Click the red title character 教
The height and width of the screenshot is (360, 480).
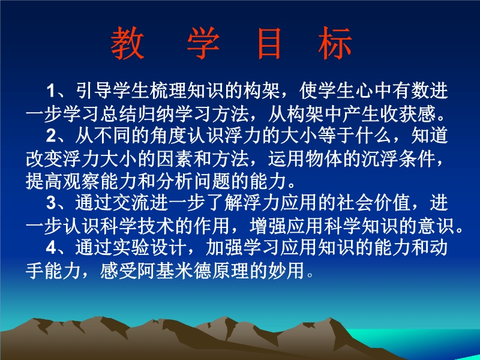tap(127, 43)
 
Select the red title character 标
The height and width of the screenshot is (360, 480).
tap(335, 43)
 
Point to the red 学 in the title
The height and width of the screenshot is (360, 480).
tap(203, 43)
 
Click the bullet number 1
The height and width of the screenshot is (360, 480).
tap(51, 91)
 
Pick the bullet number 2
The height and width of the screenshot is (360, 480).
tap(51, 136)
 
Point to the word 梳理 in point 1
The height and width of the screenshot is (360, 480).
tap(169, 91)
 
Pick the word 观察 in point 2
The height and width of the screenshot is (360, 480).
tap(81, 181)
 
